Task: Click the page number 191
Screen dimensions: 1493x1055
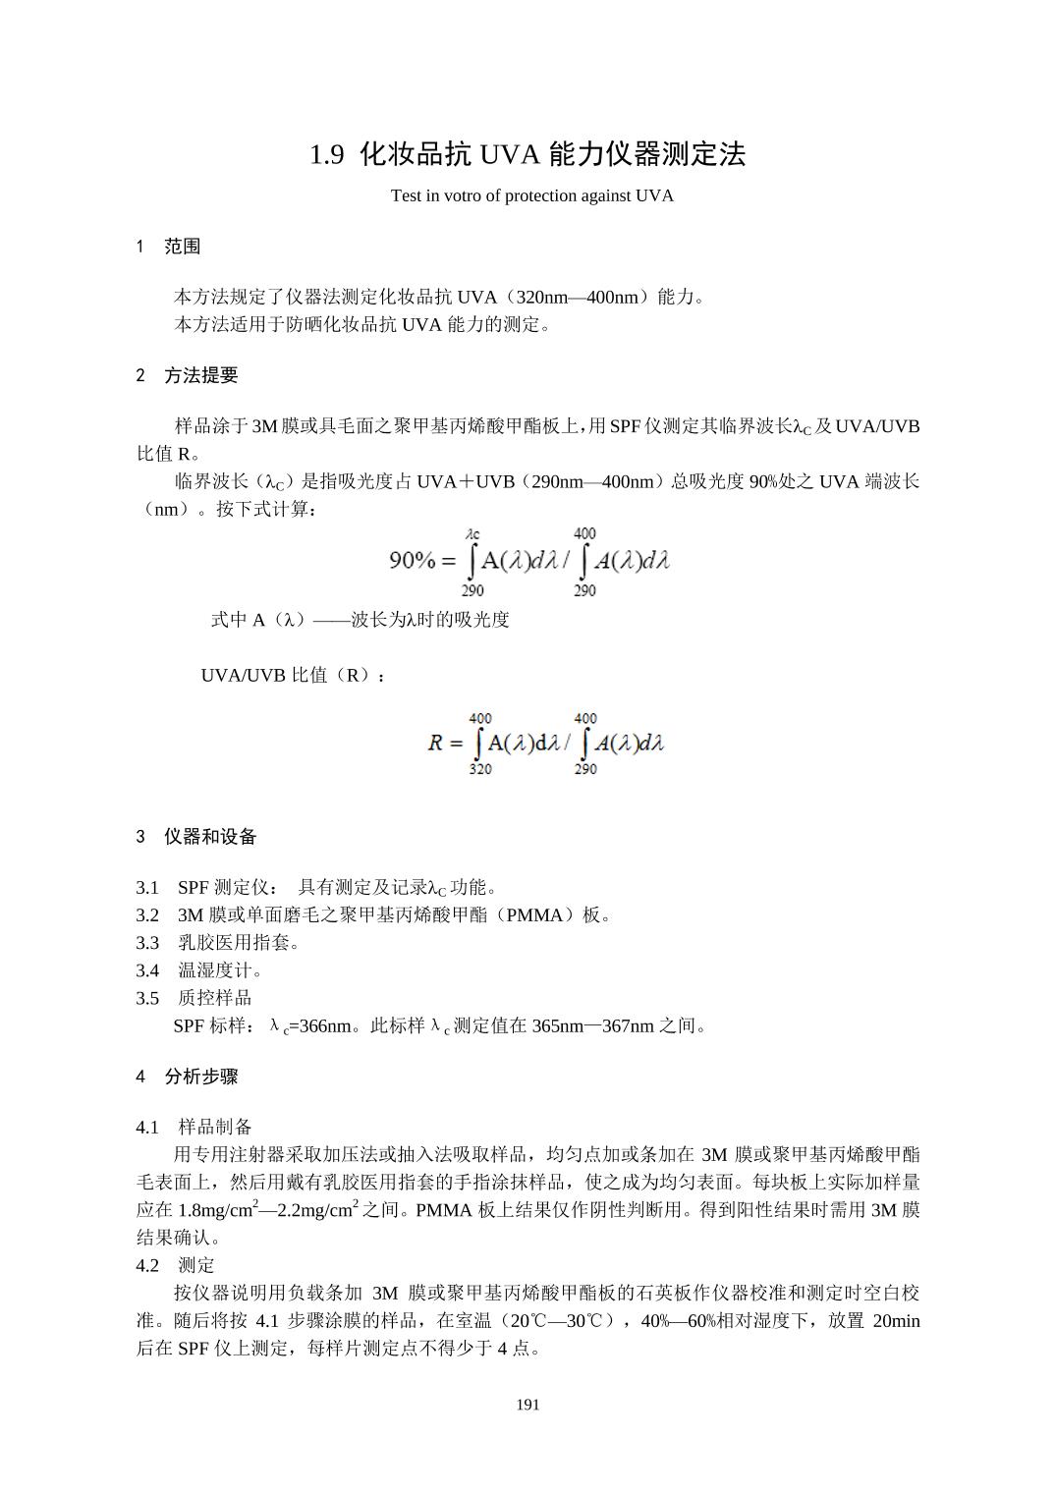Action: coord(527,1405)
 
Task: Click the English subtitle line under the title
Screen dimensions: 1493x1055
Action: coord(531,195)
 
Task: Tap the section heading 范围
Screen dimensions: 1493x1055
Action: coord(183,247)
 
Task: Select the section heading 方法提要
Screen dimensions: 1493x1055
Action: coord(200,375)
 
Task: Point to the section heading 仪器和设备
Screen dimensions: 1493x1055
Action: coord(210,837)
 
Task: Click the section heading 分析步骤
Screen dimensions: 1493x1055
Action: coord(200,1077)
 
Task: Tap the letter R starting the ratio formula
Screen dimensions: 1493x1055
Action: coord(436,743)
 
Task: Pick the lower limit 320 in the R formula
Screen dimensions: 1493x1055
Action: coord(480,769)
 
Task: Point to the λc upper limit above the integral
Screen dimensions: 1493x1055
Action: coord(472,534)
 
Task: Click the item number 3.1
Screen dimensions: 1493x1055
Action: coord(147,888)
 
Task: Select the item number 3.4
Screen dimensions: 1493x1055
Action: coord(147,970)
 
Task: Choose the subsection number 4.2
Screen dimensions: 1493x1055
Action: coord(147,1265)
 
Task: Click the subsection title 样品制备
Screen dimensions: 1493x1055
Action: coord(215,1127)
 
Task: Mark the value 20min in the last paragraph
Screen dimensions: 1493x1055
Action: coord(896,1320)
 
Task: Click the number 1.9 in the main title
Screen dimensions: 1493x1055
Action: coord(327,154)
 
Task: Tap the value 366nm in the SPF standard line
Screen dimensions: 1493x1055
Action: coord(322,1026)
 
